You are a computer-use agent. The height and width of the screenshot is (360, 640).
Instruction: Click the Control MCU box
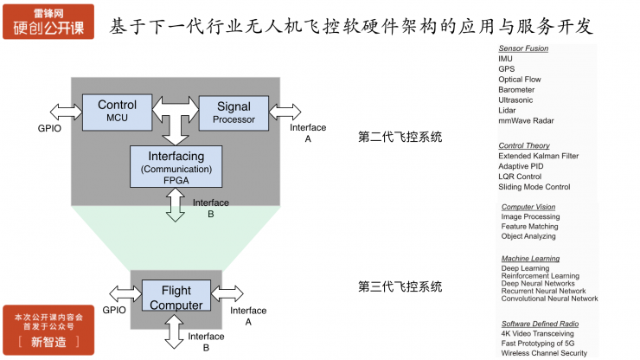coord(117,112)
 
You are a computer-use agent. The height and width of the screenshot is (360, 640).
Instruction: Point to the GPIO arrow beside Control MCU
coord(66,111)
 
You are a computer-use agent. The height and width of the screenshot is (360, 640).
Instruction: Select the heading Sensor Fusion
coord(524,48)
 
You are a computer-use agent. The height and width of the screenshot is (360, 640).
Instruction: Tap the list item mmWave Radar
coord(526,120)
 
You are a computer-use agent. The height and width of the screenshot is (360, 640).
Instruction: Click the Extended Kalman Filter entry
coord(538,156)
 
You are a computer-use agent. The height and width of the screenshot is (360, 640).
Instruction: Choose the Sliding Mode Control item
coord(534,187)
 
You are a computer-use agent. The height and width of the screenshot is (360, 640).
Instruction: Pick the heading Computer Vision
coord(528,207)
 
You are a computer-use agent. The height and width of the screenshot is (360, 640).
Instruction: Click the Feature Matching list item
coord(529,227)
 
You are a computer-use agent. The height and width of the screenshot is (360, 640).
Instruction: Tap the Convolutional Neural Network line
coord(549,299)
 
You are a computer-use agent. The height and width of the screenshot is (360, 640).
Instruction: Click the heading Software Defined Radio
coord(540,324)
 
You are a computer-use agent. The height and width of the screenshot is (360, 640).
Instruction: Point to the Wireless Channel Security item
coord(544,353)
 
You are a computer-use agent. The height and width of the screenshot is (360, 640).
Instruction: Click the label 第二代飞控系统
coord(400,136)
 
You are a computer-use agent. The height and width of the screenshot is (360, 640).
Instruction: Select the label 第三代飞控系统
coord(400,286)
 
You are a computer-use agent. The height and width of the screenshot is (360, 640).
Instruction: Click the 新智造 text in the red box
coord(48,341)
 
